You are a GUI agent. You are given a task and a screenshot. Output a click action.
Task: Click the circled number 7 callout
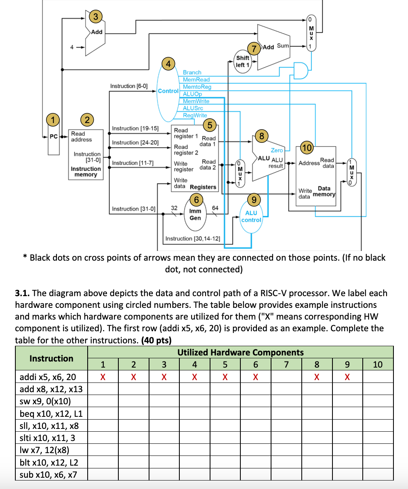(254, 49)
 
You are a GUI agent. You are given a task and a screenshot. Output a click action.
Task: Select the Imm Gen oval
(195, 214)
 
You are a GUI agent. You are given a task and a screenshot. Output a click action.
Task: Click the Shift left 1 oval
(242, 61)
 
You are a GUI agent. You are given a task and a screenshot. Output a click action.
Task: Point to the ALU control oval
(251, 216)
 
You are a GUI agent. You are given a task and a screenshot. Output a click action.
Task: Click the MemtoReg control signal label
(197, 87)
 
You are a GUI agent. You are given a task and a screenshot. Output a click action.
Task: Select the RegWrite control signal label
(195, 115)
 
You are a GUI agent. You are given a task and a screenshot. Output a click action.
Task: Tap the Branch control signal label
(192, 72)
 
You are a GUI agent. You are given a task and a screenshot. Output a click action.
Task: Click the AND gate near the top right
(301, 70)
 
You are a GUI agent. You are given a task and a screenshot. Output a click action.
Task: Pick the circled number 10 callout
(307, 148)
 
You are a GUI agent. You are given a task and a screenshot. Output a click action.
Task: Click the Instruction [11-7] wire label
(132, 163)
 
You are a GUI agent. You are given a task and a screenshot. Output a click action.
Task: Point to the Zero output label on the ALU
(277, 150)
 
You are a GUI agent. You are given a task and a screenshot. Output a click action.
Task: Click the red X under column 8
(317, 377)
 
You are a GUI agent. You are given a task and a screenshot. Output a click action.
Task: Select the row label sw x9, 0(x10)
(45, 401)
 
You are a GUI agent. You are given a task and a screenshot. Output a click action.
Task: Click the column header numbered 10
(377, 365)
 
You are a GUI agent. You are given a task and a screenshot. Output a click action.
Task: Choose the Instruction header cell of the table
(51, 358)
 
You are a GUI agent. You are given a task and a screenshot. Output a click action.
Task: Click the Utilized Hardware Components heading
(240, 352)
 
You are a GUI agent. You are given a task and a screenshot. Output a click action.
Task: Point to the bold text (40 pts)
(156, 340)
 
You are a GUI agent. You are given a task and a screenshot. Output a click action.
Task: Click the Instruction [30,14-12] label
(193, 239)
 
